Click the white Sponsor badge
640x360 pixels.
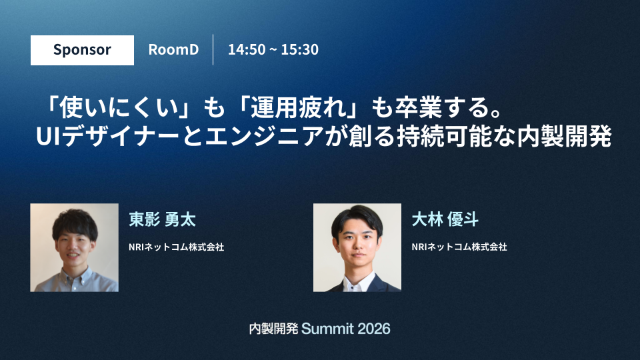[82, 50]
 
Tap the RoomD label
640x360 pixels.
[173, 49]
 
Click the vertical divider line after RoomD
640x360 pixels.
[213, 50]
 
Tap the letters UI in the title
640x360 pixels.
[49, 137]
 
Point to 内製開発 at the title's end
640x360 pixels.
[565, 137]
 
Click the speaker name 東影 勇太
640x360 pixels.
[163, 219]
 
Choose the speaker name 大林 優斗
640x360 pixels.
[445, 219]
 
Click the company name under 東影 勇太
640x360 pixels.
[176, 247]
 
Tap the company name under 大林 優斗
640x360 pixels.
[459, 247]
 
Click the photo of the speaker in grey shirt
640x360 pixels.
[74, 247]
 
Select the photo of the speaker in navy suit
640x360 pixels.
[357, 247]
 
